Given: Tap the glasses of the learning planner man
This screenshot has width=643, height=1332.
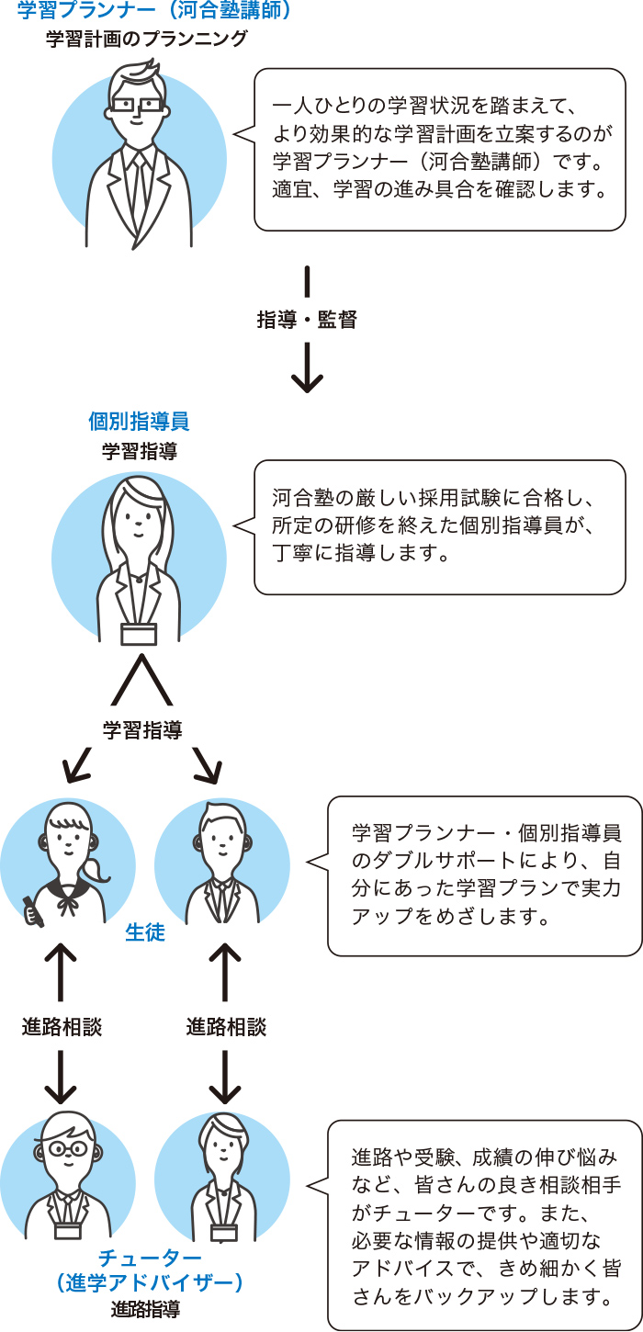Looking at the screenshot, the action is tap(137, 106).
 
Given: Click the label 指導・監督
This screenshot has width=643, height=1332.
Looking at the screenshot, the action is tap(307, 320).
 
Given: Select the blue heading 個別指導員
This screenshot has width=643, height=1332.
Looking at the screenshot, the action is tap(139, 421).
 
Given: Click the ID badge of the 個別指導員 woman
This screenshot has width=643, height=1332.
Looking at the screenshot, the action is tap(139, 633).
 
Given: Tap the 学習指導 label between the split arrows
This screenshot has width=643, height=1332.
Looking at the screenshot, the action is tap(142, 729).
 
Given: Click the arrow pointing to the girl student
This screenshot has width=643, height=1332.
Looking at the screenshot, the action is tap(77, 764).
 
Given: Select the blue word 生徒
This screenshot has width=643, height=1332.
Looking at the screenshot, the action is tap(145, 931).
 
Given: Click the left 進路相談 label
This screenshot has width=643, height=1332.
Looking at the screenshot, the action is tap(62, 1027).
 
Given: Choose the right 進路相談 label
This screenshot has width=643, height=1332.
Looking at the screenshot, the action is tap(226, 1027).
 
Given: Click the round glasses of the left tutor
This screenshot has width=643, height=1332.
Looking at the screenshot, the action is tap(68, 1147).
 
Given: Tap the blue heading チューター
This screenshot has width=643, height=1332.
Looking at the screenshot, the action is tap(150, 1258).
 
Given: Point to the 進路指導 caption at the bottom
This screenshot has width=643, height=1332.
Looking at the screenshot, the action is tap(145, 1309).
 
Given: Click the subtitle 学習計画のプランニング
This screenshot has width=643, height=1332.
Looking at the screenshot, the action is tap(146, 39).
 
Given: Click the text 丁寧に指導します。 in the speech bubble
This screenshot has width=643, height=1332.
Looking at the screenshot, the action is tap(360, 552).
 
